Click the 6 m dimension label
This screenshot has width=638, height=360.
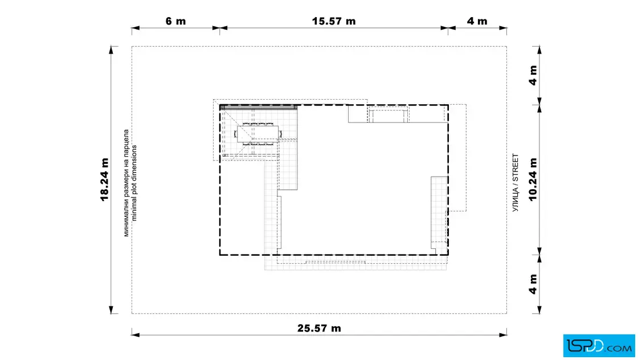[x=176, y=21]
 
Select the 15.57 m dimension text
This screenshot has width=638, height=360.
[x=334, y=21]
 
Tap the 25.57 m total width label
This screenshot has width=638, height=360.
[x=319, y=328]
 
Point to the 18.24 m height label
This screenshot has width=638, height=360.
[x=105, y=180]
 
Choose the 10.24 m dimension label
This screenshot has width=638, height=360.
[x=533, y=180]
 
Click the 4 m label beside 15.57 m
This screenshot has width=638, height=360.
[x=477, y=21]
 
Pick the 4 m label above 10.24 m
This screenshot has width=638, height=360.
[x=533, y=75]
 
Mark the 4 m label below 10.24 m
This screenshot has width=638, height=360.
[x=533, y=284]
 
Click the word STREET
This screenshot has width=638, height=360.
[x=516, y=167]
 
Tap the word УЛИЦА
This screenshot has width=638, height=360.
[x=516, y=200]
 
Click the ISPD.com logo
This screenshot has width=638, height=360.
[x=599, y=346]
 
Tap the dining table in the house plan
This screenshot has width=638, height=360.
[x=258, y=133]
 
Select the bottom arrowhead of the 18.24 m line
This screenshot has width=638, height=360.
[x=111, y=309]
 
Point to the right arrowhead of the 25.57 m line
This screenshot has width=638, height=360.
[x=503, y=335]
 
